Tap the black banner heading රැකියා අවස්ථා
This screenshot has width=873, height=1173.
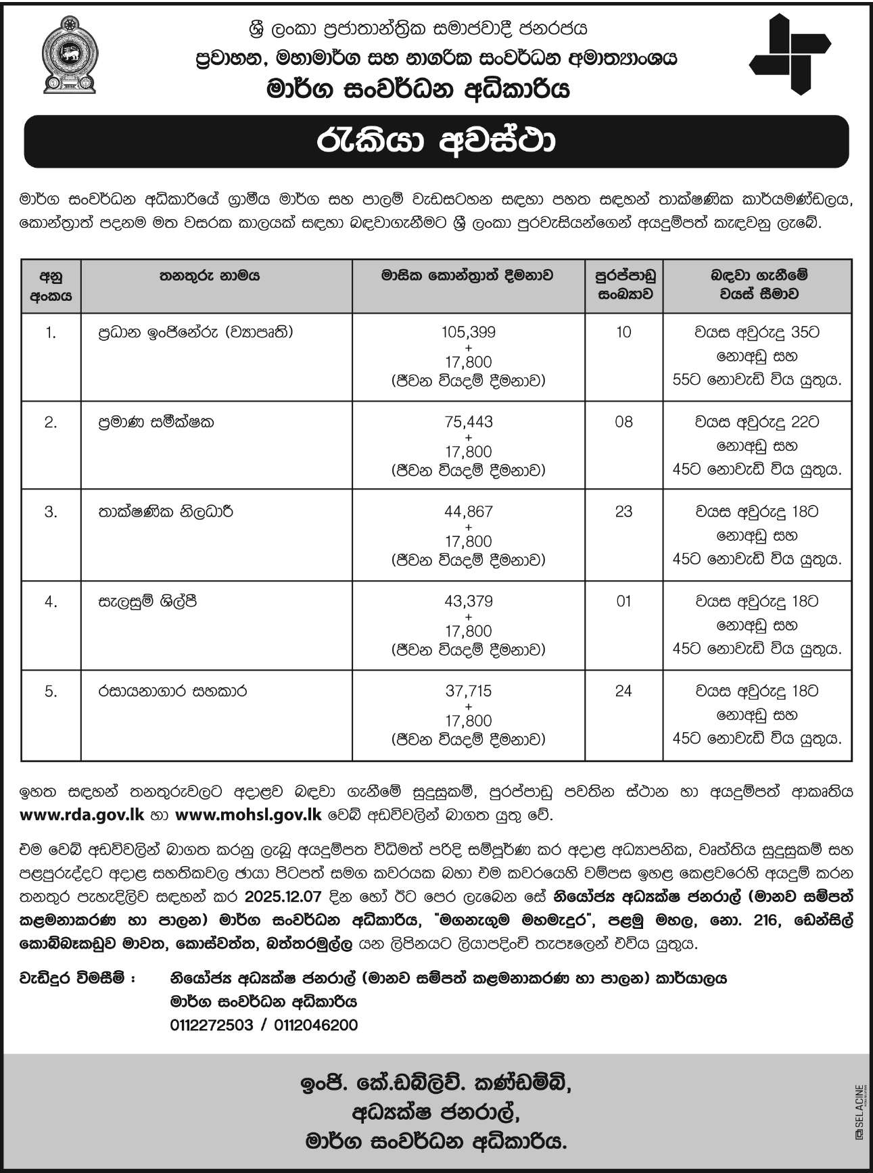[x=436, y=141]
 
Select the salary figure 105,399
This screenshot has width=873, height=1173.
[x=469, y=332]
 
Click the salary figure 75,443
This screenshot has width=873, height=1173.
[x=469, y=422]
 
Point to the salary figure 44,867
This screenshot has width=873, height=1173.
[x=469, y=512]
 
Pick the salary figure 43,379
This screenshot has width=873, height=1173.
[x=469, y=601]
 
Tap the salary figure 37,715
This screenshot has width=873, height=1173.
[x=469, y=691]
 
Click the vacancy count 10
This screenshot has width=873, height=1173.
[x=623, y=332]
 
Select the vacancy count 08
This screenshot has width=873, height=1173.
[x=623, y=422]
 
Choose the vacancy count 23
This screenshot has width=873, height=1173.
[x=623, y=512]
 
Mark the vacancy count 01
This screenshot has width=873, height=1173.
[x=623, y=601]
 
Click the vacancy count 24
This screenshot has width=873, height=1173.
[x=623, y=691]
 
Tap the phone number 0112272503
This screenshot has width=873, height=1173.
[x=212, y=1025]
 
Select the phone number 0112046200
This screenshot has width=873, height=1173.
[x=316, y=1025]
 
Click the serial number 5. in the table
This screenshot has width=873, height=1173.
[x=51, y=691]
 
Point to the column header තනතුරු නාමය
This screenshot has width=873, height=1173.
[x=210, y=276]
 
